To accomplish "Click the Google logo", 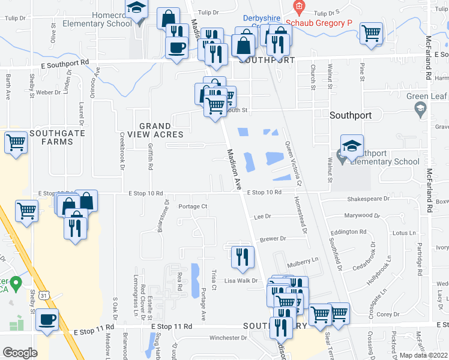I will point(20,353).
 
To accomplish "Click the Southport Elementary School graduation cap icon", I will point(352,145).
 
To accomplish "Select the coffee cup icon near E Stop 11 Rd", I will point(47,319).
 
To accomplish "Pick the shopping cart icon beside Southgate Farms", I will point(16,142).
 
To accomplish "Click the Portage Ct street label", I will point(193,206).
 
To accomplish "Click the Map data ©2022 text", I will point(423,355).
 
